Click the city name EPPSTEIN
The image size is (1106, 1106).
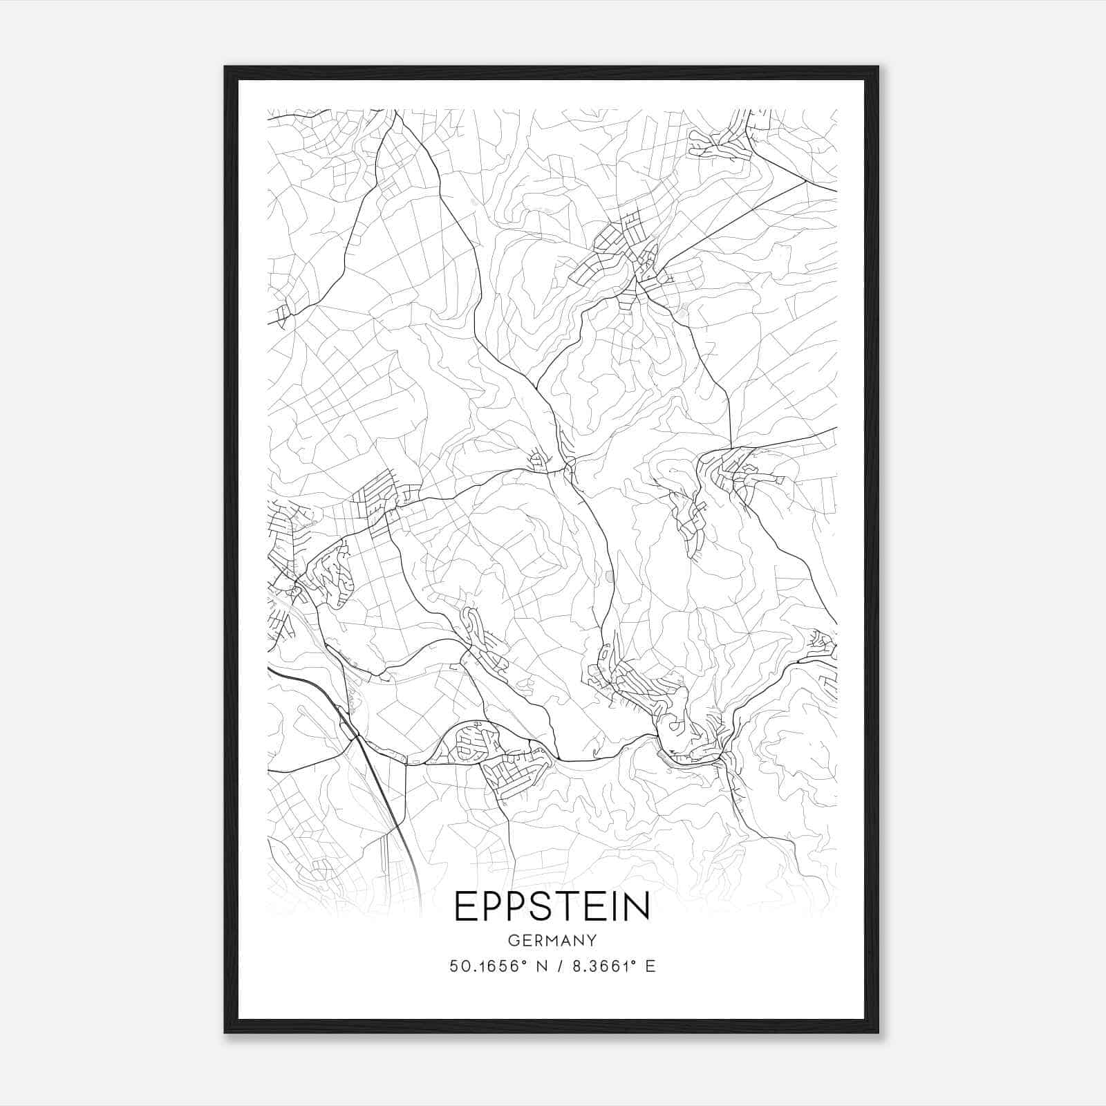click(x=552, y=906)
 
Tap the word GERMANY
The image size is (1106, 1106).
click(x=552, y=940)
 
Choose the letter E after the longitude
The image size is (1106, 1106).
click(x=650, y=966)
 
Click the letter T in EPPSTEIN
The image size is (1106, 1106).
click(x=570, y=906)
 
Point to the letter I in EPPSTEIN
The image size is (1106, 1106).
click(x=616, y=906)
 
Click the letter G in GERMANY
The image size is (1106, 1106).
click(x=512, y=940)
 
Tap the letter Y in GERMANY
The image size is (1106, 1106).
click(x=592, y=940)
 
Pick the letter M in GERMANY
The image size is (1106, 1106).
click(x=552, y=940)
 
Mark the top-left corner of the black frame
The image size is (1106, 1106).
click(x=225, y=67)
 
